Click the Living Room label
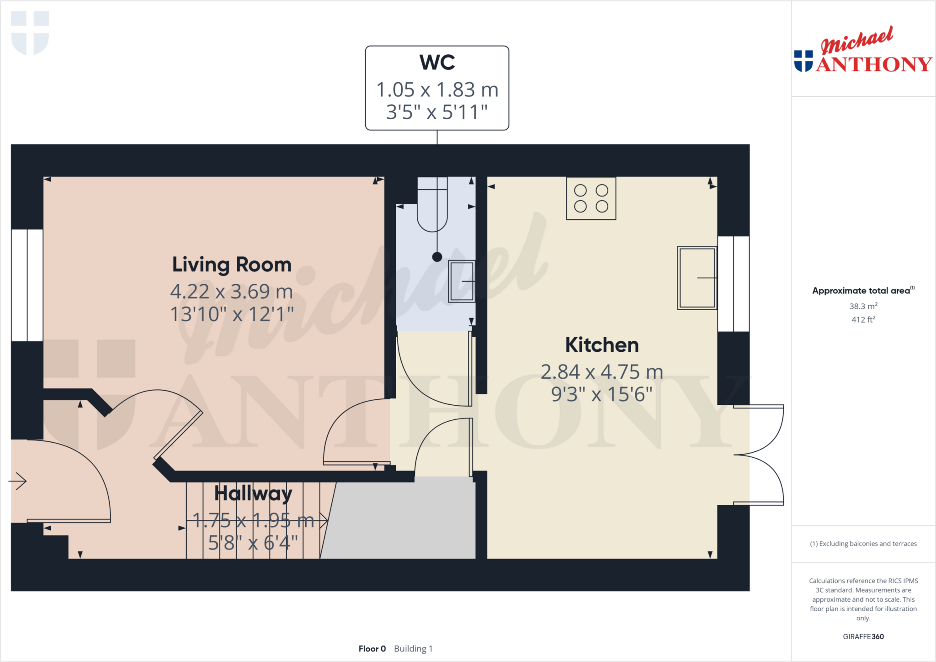point(232,265)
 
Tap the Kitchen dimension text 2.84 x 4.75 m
point(601,372)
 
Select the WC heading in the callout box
point(437,63)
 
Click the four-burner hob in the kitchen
point(591,199)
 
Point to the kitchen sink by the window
point(697,278)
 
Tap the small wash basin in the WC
point(462,281)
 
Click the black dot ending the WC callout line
point(437,257)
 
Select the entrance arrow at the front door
point(18,481)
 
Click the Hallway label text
point(253,493)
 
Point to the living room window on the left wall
point(27,285)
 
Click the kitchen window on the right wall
point(733,284)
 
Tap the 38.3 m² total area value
point(863,306)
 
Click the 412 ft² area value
point(863,319)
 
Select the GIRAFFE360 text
point(863,636)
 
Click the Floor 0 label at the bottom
point(372,649)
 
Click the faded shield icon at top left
point(30,32)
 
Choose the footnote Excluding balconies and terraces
point(863,544)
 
